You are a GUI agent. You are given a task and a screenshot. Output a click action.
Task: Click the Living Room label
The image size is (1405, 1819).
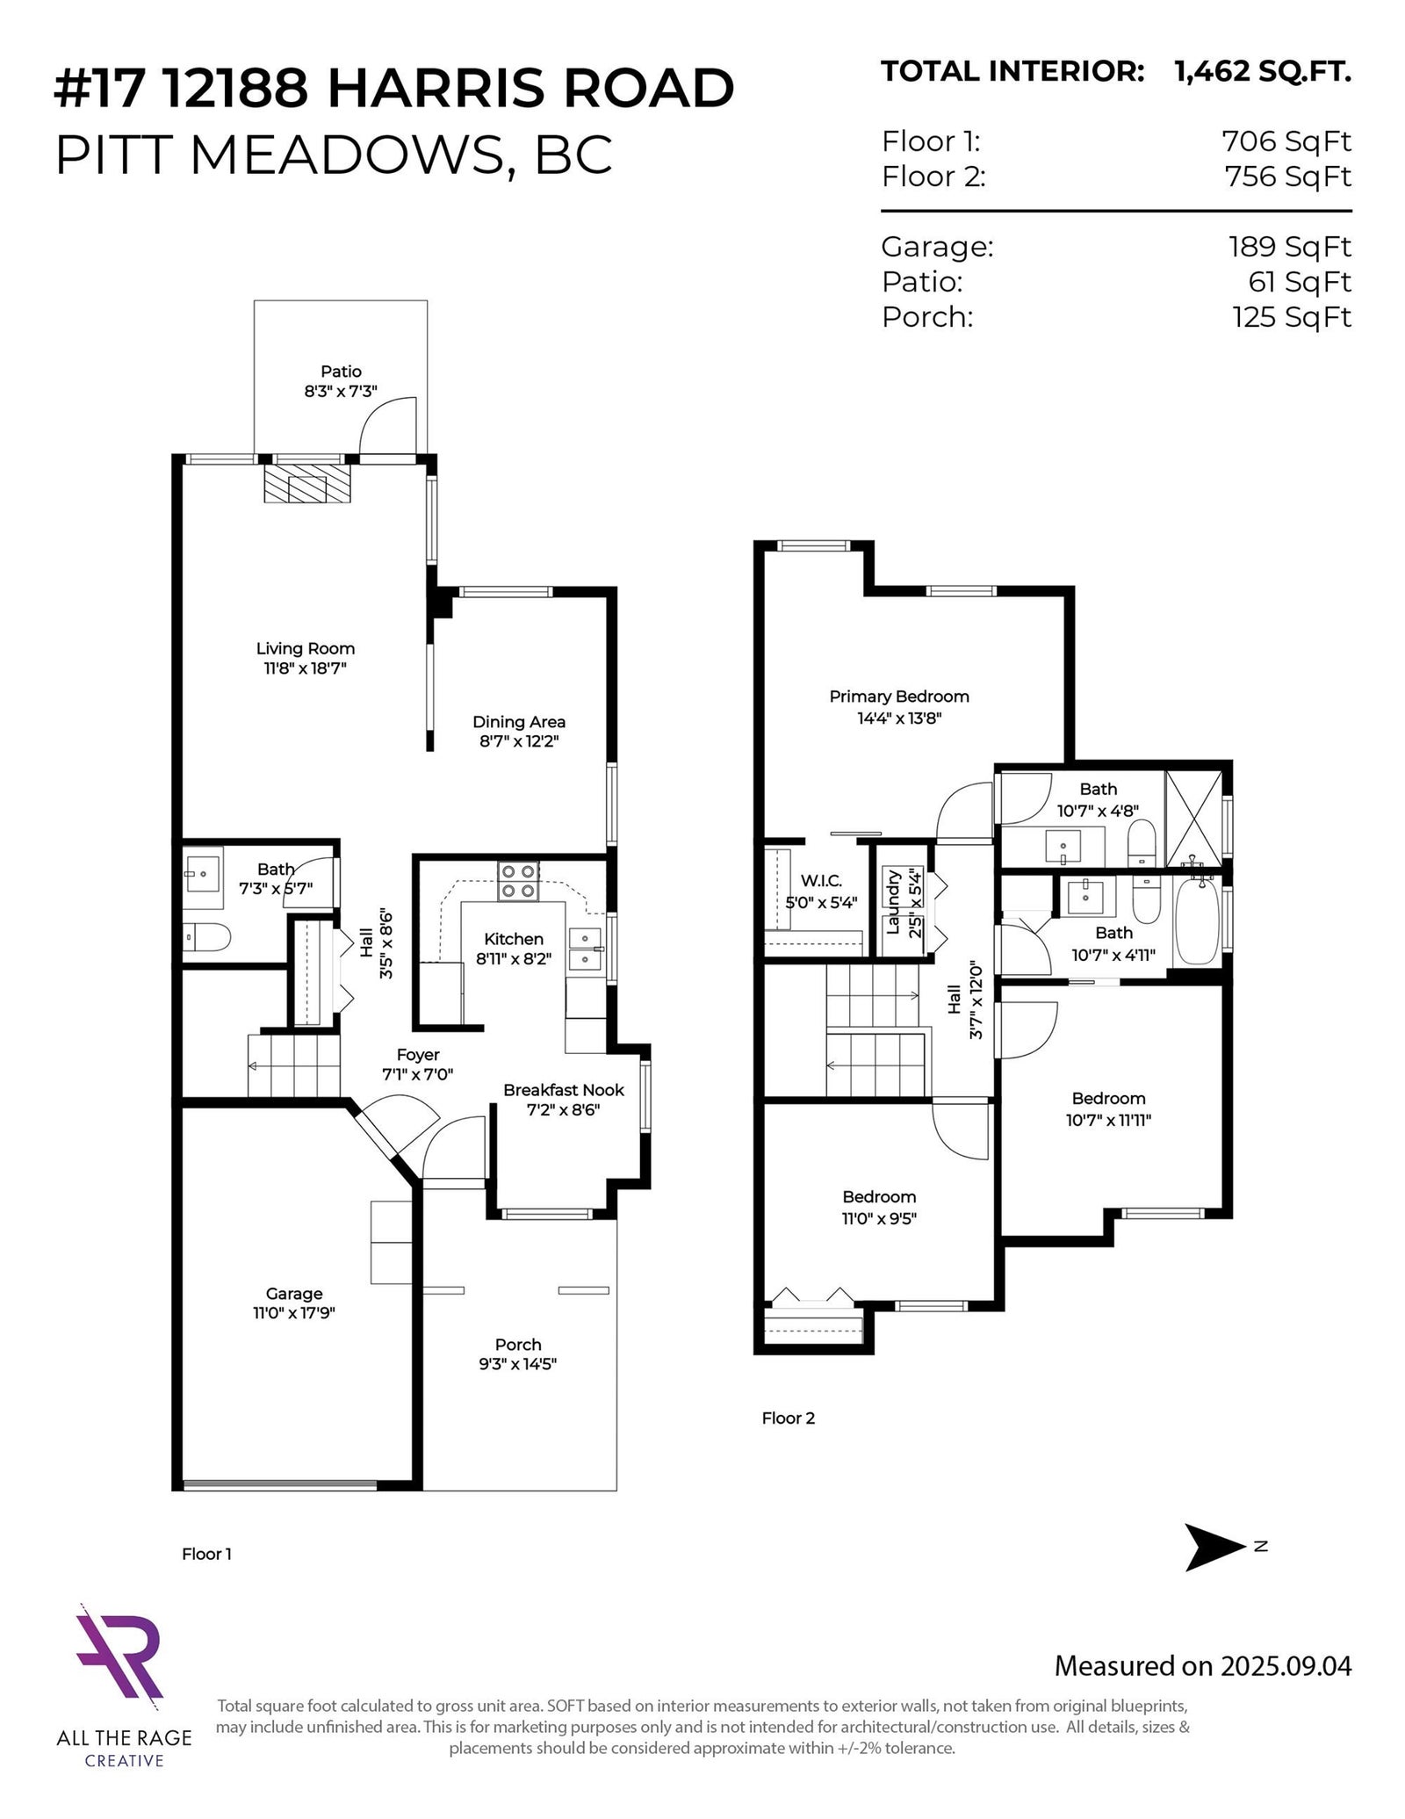point(306,648)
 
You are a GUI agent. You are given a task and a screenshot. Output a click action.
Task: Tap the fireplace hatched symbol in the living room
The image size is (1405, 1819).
point(307,483)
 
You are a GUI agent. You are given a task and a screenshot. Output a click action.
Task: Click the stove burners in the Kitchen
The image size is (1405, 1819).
point(517,881)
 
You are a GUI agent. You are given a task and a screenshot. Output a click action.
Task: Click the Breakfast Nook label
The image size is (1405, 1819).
point(564,1090)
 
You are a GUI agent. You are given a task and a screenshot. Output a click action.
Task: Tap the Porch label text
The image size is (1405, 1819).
point(518,1344)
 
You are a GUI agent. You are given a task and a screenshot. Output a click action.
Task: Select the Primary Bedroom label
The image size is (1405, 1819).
point(899,697)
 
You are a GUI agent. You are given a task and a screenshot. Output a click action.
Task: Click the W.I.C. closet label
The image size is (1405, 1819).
point(821,881)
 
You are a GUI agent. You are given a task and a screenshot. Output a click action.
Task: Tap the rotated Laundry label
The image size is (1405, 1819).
point(894,901)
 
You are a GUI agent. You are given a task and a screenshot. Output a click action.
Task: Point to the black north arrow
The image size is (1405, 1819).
point(1215,1571)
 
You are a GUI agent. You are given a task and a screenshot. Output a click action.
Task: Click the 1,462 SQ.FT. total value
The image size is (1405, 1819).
point(1263,71)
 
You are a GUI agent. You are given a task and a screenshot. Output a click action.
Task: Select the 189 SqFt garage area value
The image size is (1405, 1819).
point(1290,247)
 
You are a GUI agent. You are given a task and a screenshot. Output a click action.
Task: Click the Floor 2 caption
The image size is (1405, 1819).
point(789,1418)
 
